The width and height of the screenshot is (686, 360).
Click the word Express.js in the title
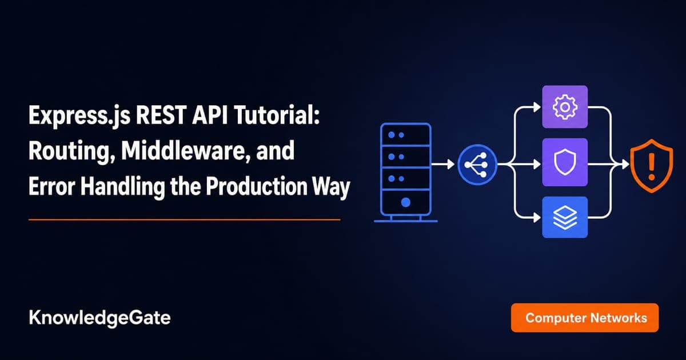[79, 116]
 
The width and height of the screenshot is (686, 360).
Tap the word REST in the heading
[161, 115]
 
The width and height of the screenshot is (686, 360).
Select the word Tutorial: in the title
[277, 115]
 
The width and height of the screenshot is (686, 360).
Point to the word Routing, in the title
[71, 151]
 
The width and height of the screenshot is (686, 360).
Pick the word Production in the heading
[256, 186]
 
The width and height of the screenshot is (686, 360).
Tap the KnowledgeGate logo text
[99, 318]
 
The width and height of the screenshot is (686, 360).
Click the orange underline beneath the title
[184, 219]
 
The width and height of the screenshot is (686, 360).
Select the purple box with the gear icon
[565, 107]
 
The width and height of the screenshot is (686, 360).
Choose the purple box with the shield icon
[565, 162]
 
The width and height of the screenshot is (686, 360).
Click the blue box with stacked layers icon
[565, 217]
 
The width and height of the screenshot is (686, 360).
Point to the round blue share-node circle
[477, 165]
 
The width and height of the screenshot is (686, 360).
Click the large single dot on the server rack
[405, 202]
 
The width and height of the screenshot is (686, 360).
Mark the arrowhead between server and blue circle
[451, 165]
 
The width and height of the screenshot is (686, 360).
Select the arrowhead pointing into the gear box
[537, 107]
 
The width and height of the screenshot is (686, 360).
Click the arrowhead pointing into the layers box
[537, 218]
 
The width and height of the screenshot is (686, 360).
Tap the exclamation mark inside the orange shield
[651, 166]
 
